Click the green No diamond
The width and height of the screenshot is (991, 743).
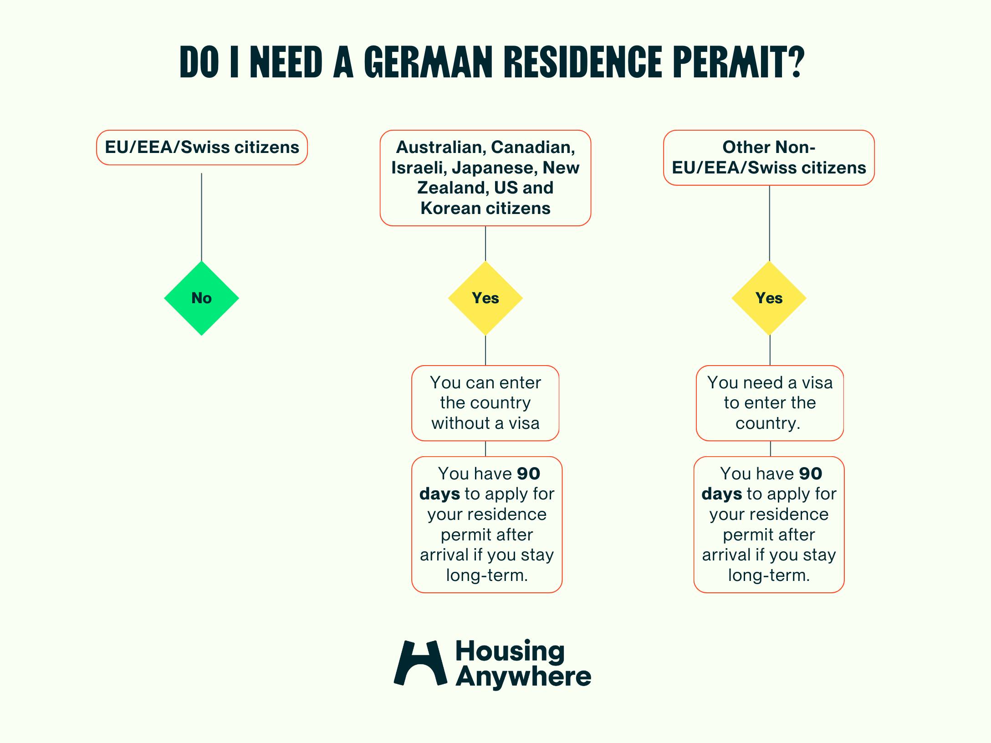tap(201, 298)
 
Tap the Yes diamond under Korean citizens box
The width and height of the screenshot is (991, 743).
tap(485, 298)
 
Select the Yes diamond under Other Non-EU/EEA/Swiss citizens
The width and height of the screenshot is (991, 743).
tap(769, 298)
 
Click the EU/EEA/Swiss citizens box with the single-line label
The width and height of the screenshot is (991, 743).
tap(202, 148)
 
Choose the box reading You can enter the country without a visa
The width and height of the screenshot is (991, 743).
tap(485, 403)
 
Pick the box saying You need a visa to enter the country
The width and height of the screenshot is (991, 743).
tap(770, 403)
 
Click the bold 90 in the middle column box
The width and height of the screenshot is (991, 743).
tap(528, 473)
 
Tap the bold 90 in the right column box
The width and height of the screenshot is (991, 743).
tap(810, 473)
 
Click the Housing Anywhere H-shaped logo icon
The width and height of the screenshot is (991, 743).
tap(420, 663)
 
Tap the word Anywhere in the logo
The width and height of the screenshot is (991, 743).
tap(523, 677)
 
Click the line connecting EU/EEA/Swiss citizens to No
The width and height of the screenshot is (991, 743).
tap(201, 216)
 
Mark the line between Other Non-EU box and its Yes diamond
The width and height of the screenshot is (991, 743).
tap(769, 223)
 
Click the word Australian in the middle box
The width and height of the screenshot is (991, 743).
tap(441, 147)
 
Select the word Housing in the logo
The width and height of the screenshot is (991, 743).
tap(510, 651)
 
